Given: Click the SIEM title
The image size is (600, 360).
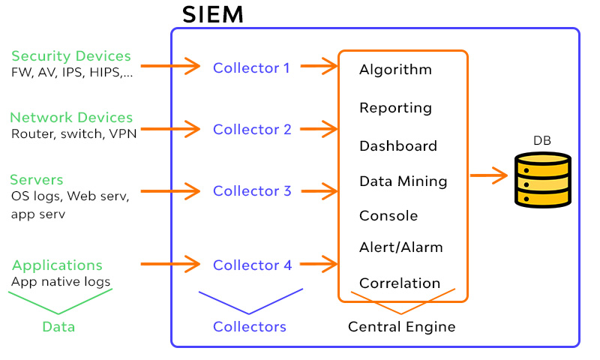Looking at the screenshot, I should click(x=213, y=14).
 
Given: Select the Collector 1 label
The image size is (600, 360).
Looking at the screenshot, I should click(x=251, y=67).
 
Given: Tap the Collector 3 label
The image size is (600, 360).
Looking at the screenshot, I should click(x=251, y=190).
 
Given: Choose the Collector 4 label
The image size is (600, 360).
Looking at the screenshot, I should click(x=251, y=265).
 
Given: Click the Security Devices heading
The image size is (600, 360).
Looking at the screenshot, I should click(x=71, y=56).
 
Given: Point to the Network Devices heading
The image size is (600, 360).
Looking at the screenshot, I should click(x=71, y=118).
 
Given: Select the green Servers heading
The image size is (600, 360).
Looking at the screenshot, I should click(x=37, y=180).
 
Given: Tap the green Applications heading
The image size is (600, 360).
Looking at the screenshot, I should click(x=57, y=265).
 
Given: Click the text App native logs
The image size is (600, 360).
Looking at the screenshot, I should click(x=61, y=282).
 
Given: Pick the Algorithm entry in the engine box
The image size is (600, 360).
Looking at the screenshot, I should click(x=395, y=70).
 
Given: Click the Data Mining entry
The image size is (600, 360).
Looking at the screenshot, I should click(x=403, y=181).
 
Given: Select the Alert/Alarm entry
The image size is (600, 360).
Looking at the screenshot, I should click(x=400, y=247).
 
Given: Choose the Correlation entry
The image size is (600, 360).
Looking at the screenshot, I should click(x=400, y=283).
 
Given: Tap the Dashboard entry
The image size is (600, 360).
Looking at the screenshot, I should click(x=397, y=145).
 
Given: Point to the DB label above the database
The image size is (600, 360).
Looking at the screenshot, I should click(x=542, y=140).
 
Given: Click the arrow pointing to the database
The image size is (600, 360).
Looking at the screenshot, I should click(x=489, y=176).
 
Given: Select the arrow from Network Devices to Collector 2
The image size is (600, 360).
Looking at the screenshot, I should click(x=170, y=128).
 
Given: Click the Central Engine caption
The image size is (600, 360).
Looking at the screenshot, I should click(x=401, y=327).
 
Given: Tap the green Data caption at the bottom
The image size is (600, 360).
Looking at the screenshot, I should click(x=58, y=327).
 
